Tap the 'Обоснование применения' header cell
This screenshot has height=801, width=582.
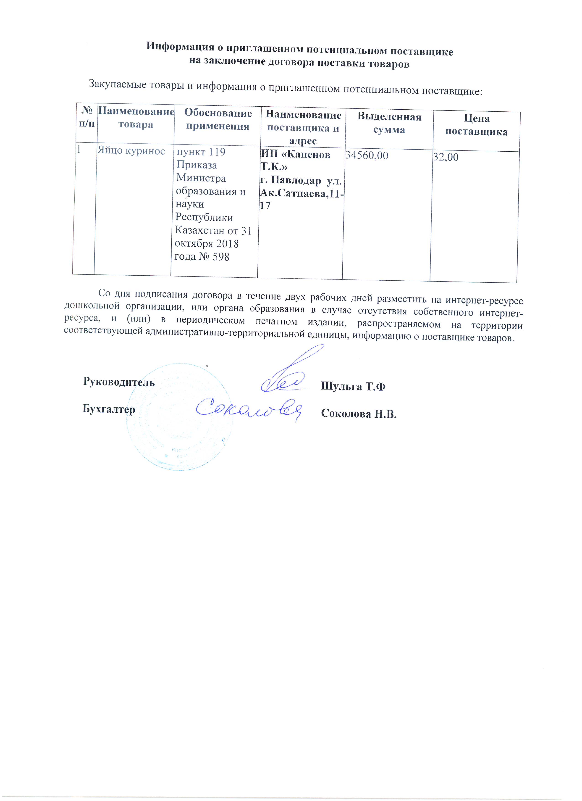pos(218,119)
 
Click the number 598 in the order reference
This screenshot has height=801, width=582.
pos(221,257)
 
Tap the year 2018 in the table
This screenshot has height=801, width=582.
pos(228,244)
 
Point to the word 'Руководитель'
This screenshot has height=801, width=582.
pos(119,382)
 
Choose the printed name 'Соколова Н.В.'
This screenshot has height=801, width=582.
pos(359,414)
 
